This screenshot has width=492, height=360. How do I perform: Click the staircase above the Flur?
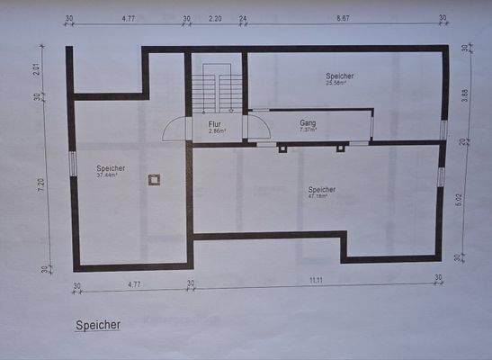(x=216, y=90)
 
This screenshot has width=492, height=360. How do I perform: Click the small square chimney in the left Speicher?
(x=155, y=180)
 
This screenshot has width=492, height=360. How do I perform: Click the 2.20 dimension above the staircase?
(x=215, y=18)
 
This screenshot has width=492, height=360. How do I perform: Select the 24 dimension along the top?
(x=244, y=18)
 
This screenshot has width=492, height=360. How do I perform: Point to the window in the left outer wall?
(x=73, y=163)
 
